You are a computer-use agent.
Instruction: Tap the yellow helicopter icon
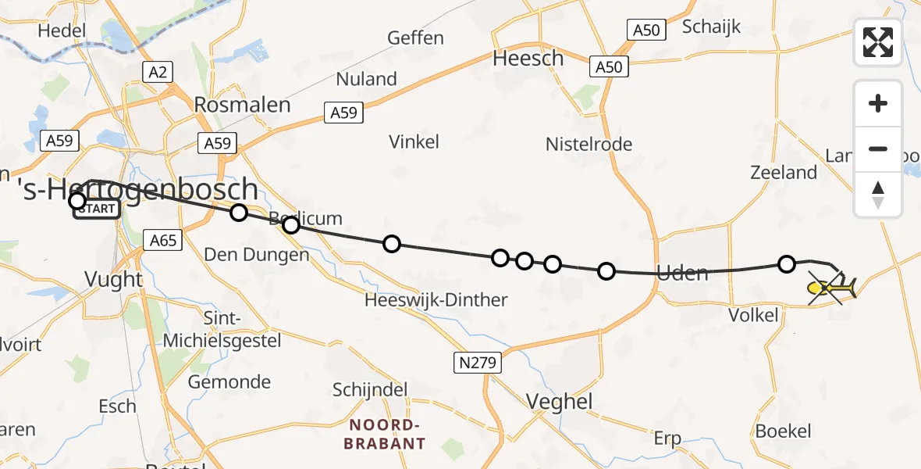click(x=832, y=289)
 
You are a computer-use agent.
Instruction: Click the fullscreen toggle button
click(x=878, y=42)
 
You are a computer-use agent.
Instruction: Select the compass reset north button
click(x=878, y=195)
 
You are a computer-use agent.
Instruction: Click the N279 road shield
click(x=477, y=362)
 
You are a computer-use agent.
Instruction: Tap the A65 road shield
click(x=162, y=240)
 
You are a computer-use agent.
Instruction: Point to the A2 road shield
click(x=158, y=73)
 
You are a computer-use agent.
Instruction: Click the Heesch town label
click(x=528, y=59)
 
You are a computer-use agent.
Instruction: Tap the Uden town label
click(x=683, y=273)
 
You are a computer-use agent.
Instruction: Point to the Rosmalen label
click(x=242, y=105)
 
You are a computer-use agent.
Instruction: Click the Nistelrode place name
click(x=589, y=144)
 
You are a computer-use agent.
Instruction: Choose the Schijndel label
click(x=372, y=389)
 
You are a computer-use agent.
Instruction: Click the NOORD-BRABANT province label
click(x=387, y=434)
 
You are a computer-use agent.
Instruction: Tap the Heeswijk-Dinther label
click(x=436, y=299)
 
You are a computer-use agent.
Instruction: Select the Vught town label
click(x=114, y=279)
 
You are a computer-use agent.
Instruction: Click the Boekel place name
click(x=783, y=431)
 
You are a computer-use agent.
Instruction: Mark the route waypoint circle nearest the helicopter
click(x=787, y=264)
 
